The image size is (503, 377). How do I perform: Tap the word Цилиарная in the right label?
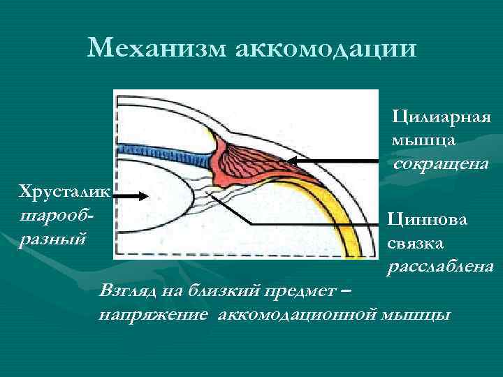pos(442,115)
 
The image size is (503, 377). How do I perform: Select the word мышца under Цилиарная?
pos(424,140)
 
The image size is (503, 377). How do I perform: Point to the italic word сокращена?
pos(440,164)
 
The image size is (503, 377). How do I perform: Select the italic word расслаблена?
pos(441,267)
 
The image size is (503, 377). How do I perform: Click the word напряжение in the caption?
pos(154,313)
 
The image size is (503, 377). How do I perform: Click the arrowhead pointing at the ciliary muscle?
pos(293,161)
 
